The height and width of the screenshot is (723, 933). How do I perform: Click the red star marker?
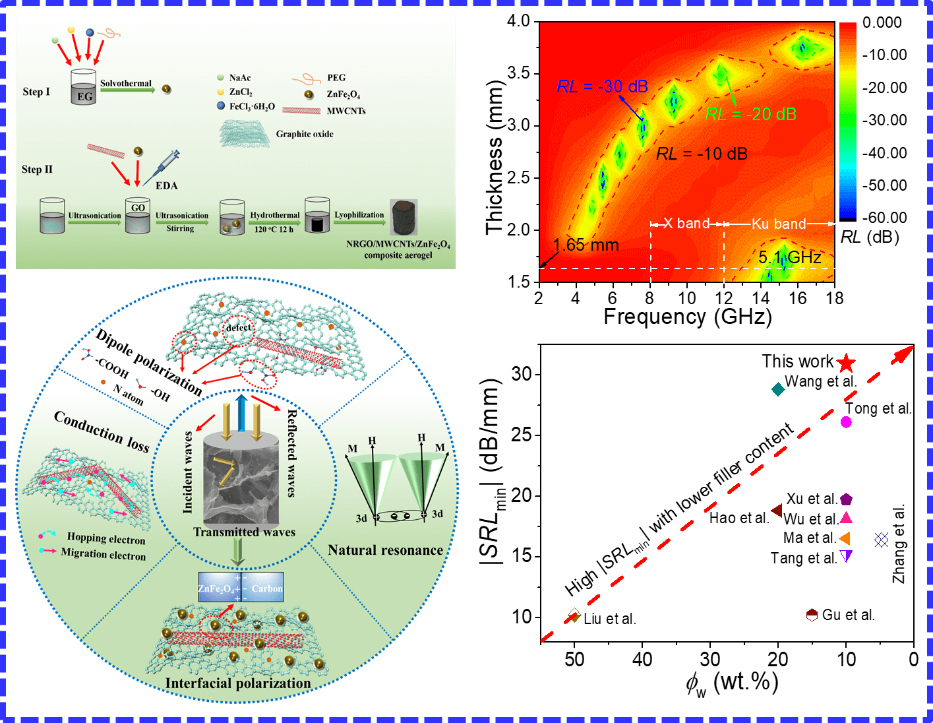[846, 363]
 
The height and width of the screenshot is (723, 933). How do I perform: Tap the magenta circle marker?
[846, 422]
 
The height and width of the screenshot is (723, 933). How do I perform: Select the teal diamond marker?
[778, 389]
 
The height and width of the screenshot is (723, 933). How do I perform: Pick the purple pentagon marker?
[846, 500]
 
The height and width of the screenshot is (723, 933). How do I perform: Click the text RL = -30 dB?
[602, 86]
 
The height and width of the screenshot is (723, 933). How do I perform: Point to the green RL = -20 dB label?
[751, 114]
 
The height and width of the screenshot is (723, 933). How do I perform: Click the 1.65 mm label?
[586, 245]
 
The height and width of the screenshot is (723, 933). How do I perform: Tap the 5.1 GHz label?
[790, 257]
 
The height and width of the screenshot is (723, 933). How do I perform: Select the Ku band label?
[779, 224]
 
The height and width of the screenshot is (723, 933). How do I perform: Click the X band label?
[686, 224]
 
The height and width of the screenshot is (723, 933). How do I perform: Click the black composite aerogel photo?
[404, 218]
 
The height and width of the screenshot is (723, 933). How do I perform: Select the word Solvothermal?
[126, 83]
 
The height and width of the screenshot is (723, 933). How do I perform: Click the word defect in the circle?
[239, 328]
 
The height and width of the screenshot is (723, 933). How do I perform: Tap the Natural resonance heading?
[385, 550]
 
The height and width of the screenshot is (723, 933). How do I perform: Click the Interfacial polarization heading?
[238, 683]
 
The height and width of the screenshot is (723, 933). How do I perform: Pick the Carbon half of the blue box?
[266, 588]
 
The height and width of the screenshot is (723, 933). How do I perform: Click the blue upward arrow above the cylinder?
[241, 414]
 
